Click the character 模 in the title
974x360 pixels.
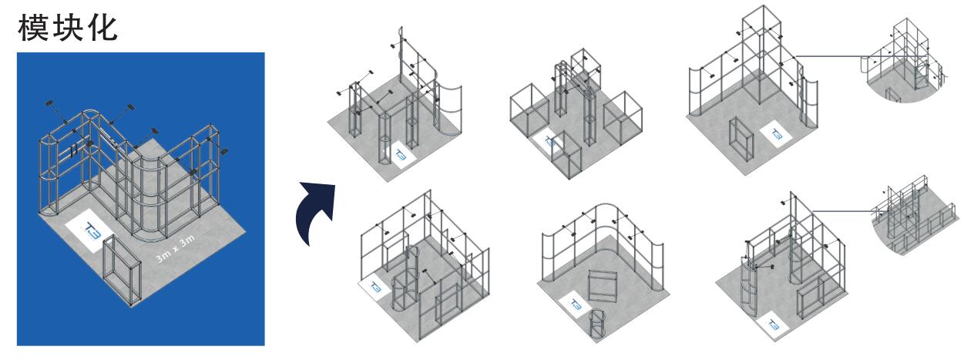[33, 28]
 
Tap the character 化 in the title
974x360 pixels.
[102, 28]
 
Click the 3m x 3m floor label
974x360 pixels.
[175, 247]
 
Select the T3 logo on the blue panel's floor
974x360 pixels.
[91, 230]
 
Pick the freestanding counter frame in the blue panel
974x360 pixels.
[121, 270]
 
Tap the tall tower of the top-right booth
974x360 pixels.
[761, 55]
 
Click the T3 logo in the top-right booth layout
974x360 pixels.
[776, 135]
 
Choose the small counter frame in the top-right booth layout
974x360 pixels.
[741, 139]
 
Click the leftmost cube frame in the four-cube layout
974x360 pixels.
[529, 109]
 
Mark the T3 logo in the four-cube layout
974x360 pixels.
[549, 141]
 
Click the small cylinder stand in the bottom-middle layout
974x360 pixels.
[597, 324]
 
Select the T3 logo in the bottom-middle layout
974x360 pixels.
[575, 304]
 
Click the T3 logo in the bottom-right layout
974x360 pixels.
[774, 325]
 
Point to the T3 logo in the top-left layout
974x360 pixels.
[401, 155]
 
